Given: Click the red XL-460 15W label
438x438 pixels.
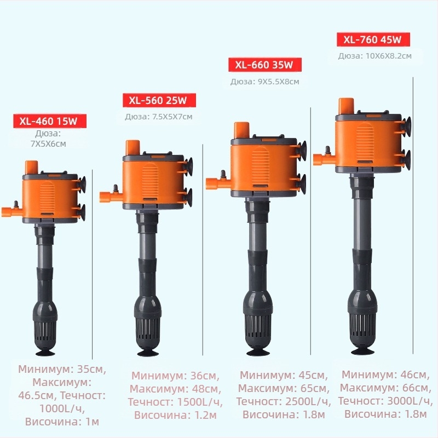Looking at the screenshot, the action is click(50, 121).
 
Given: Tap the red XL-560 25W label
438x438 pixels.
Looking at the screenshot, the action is click(159, 100).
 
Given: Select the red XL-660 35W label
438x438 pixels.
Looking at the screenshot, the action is click(265, 65).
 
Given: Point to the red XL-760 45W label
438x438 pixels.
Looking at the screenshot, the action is click(373, 39).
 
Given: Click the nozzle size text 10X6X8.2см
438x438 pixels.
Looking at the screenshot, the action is click(389, 56).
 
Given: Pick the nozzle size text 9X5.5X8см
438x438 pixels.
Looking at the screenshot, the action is click(279, 82).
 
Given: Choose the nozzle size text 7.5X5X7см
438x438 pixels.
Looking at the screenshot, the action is click(172, 117).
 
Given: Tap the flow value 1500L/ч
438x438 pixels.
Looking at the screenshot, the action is click(200, 402).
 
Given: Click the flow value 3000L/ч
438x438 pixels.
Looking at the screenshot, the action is click(410, 401).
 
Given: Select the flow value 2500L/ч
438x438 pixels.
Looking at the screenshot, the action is click(308, 402).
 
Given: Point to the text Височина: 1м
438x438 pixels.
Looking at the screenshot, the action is click(62, 422).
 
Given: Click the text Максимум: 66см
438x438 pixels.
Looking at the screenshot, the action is click(385, 388).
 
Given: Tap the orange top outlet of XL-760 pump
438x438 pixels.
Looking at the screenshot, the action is click(347, 106).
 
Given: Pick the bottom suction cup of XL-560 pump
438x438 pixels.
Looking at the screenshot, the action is click(148, 353).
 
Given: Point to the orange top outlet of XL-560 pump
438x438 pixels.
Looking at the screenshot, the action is click(132, 148).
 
